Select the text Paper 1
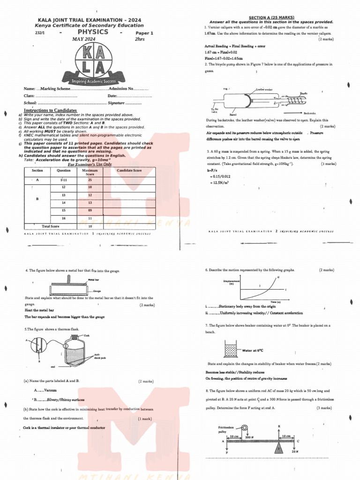pyautogui.click(x=144, y=33)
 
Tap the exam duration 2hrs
pyautogui.click(x=140, y=39)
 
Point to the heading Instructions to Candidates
pyautogui.click(x=50, y=111)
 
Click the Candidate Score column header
pyautogui.click(x=129, y=171)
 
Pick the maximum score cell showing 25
pyautogui.click(x=90, y=180)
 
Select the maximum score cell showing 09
pyautogui.click(x=90, y=210)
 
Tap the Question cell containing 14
pyautogui.click(x=63, y=202)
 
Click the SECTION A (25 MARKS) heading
pyautogui.click(x=271, y=17)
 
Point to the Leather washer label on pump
pyautogui.click(x=264, y=89)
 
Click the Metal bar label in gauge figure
pyautogui.click(x=93, y=280)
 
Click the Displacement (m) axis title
pyautogui.click(x=232, y=282)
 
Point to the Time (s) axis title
pyautogui.click(x=275, y=302)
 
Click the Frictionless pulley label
pyautogui.click(x=225, y=429)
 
